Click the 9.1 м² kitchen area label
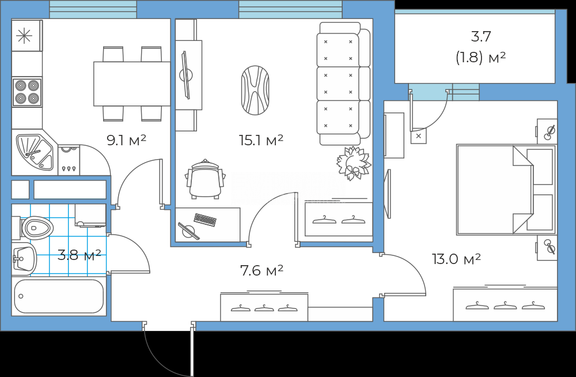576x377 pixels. (126, 140)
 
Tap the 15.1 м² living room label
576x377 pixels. (261, 140)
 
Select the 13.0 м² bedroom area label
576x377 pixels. (456, 259)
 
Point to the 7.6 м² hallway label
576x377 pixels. (262, 271)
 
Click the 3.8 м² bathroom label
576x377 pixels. (79, 255)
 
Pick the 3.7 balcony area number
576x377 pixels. (481, 36)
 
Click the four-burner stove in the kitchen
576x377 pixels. (27, 92)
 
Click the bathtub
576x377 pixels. (59, 296)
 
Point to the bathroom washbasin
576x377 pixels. (24, 259)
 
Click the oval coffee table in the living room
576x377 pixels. (255, 90)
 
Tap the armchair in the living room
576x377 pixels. (206, 179)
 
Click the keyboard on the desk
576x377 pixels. (205, 220)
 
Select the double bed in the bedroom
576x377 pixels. (506, 190)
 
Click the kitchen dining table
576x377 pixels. (132, 84)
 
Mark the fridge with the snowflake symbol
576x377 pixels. (27, 35)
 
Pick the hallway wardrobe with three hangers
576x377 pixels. (264, 307)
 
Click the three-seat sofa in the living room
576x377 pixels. (343, 84)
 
